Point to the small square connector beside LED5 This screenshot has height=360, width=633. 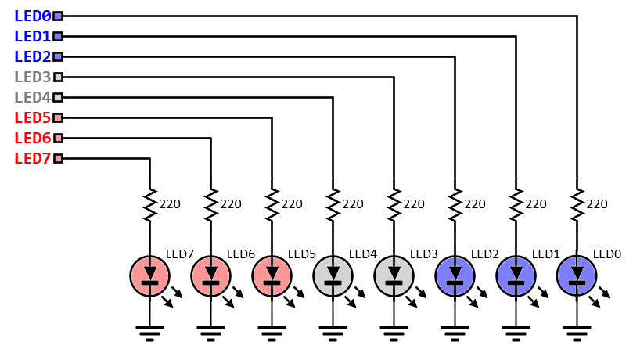click(57, 117)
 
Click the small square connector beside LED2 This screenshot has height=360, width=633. click(57, 56)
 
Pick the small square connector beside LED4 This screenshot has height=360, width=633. click(57, 97)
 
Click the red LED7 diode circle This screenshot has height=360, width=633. click(149, 275)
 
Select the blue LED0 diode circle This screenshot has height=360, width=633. click(577, 275)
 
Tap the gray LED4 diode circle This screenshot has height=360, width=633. click(333, 275)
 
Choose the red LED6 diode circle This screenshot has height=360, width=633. click(210, 275)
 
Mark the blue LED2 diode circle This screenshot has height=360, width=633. click(455, 275)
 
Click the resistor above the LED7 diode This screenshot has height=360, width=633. click(149, 203)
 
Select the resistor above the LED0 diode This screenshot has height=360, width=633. click(577, 203)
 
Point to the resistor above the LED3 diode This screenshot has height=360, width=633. click(394, 203)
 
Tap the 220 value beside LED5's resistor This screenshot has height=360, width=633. click(291, 204)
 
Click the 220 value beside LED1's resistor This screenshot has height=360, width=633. click(535, 204)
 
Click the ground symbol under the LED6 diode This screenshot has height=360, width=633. click(210, 332)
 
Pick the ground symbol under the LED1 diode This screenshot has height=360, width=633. click(516, 332)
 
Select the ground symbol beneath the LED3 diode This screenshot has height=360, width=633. click(394, 332)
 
